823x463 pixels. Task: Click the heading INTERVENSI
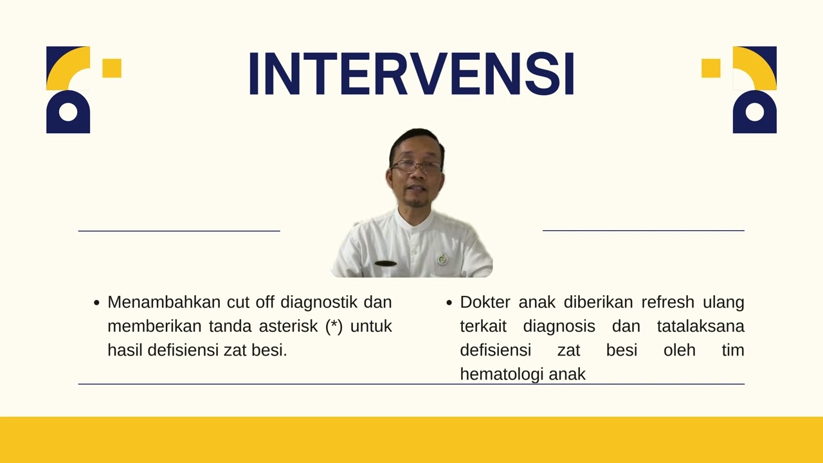pyautogui.click(x=411, y=74)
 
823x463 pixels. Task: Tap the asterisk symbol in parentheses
pyautogui.click(x=333, y=326)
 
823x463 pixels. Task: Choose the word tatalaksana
pyautogui.click(x=700, y=326)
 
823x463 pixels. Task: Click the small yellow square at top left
pyautogui.click(x=112, y=68)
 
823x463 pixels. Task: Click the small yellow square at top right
pyautogui.click(x=710, y=68)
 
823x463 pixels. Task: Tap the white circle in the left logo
pyautogui.click(x=68, y=113)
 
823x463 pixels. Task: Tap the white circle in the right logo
pyautogui.click(x=755, y=113)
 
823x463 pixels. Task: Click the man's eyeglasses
pyautogui.click(x=416, y=166)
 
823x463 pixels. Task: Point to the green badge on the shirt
pyautogui.click(x=442, y=259)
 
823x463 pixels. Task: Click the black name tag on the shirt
pyautogui.click(x=386, y=264)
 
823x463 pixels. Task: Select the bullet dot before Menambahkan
pyautogui.click(x=96, y=302)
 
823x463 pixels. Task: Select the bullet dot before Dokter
pyautogui.click(x=449, y=302)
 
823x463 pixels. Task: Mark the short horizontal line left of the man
pyautogui.click(x=179, y=230)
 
